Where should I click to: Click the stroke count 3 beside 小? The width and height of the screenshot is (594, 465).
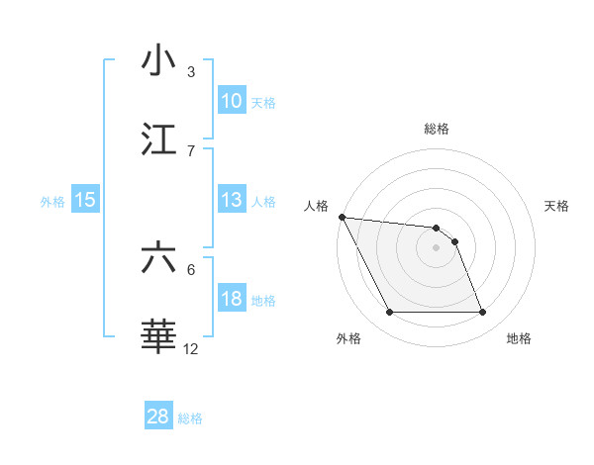(191, 72)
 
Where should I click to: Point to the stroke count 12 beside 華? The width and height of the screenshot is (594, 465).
(191, 349)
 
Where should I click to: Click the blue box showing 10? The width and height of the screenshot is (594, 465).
(231, 101)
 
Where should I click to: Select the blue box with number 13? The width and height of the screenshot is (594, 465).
(231, 200)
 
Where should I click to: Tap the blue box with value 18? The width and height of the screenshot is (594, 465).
(231, 299)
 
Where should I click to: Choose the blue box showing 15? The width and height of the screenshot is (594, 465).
(84, 200)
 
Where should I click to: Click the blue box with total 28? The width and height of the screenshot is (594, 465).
(157, 417)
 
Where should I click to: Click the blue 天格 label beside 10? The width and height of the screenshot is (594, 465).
(263, 102)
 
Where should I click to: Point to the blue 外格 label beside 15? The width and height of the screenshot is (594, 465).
(52, 201)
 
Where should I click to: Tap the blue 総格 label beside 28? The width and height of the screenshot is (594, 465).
(190, 418)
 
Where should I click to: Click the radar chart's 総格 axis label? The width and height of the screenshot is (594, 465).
(437, 129)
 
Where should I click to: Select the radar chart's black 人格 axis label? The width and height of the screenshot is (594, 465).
(317, 206)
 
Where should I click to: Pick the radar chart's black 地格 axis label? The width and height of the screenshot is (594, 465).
(519, 338)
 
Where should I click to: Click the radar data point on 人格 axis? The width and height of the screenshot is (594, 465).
(342, 217)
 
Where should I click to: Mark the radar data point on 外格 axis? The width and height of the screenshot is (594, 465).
(390, 313)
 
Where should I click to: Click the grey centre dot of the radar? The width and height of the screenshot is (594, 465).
(437, 247)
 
